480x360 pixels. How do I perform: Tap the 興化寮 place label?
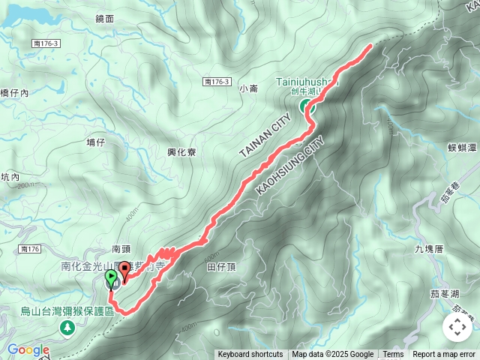181,151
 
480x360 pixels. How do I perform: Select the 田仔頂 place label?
220,266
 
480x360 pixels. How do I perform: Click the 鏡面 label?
105,18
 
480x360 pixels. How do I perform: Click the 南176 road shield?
30,248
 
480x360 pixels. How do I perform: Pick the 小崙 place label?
248,88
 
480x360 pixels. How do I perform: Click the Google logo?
28,349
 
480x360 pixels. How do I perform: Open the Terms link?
393,355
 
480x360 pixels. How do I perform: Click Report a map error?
444,355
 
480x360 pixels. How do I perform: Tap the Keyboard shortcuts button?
250,355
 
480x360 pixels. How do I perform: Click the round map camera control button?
457,327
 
